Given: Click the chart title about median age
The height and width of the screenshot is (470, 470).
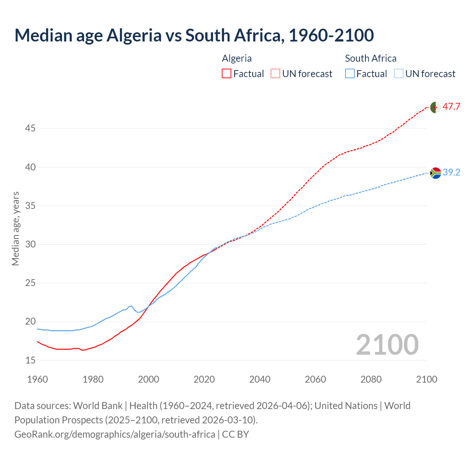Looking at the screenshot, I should point(194,36).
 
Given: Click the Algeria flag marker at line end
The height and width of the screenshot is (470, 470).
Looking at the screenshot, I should point(435,107).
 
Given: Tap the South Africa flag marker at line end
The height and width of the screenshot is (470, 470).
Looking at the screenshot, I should point(435,173).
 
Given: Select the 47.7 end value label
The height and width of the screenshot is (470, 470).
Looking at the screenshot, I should point(451,107).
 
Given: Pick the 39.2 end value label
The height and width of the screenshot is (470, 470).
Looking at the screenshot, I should point(451,172).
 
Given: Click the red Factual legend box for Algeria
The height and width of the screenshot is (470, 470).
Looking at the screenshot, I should point(227,74).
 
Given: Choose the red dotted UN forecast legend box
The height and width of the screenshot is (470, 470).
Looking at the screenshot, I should point(275,74).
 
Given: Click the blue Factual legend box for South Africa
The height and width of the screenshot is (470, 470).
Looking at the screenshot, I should point(350,74).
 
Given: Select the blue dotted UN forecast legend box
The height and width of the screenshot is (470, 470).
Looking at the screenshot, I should point(399,74).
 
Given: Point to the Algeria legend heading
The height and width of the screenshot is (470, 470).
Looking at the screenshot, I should point(237,58).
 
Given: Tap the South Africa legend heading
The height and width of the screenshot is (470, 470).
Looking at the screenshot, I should point(370,58).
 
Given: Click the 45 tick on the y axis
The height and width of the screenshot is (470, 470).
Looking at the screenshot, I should point(30,129).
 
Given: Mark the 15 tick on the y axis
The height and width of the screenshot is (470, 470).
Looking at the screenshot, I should point(30,360).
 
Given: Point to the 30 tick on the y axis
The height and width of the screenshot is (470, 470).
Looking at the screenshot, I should point(30,244).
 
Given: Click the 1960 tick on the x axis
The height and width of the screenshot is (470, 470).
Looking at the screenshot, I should point(37,379).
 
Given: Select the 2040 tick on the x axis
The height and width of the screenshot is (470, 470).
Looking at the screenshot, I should point(260,379).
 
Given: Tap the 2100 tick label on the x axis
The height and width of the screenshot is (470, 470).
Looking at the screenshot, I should point(427,379).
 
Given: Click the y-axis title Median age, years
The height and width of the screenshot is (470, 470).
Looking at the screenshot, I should point(15,228).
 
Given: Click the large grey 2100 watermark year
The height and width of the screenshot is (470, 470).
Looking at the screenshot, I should point(387,344).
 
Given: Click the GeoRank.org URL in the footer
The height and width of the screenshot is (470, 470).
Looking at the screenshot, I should point(115,434).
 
